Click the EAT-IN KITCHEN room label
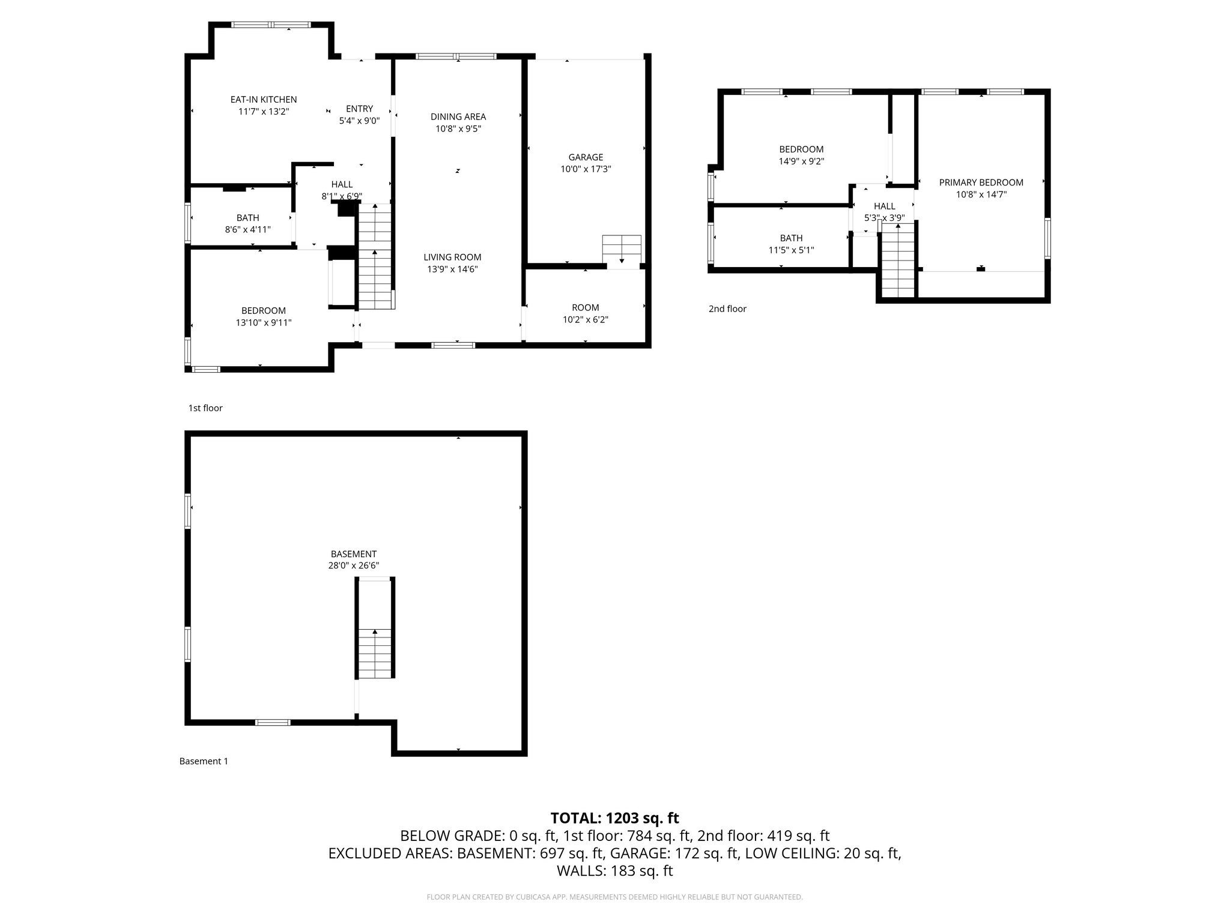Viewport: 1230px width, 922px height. click(x=264, y=100)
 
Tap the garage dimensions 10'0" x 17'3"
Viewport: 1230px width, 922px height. click(x=586, y=169)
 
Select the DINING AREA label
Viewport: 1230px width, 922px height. click(x=458, y=116)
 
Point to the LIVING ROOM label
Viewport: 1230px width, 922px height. click(x=452, y=257)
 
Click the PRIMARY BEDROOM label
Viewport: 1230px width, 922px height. click(x=981, y=182)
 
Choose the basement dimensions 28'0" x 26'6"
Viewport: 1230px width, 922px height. click(x=353, y=565)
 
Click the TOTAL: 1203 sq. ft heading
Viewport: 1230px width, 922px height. click(x=614, y=818)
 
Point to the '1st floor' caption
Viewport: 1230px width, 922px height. click(x=205, y=408)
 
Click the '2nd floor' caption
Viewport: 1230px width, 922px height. click(x=727, y=309)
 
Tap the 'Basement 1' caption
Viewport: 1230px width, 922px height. click(x=204, y=761)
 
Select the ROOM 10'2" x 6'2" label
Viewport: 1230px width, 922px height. click(x=585, y=314)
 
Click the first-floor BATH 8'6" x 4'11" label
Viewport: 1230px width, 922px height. click(x=247, y=223)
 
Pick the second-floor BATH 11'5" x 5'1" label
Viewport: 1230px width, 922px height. click(x=791, y=244)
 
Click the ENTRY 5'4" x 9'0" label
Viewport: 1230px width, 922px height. click(x=359, y=114)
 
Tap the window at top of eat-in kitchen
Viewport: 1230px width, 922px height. click(x=271, y=25)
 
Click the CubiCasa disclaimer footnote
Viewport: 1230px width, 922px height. click(x=614, y=897)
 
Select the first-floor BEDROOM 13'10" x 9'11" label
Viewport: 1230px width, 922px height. click(x=263, y=316)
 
